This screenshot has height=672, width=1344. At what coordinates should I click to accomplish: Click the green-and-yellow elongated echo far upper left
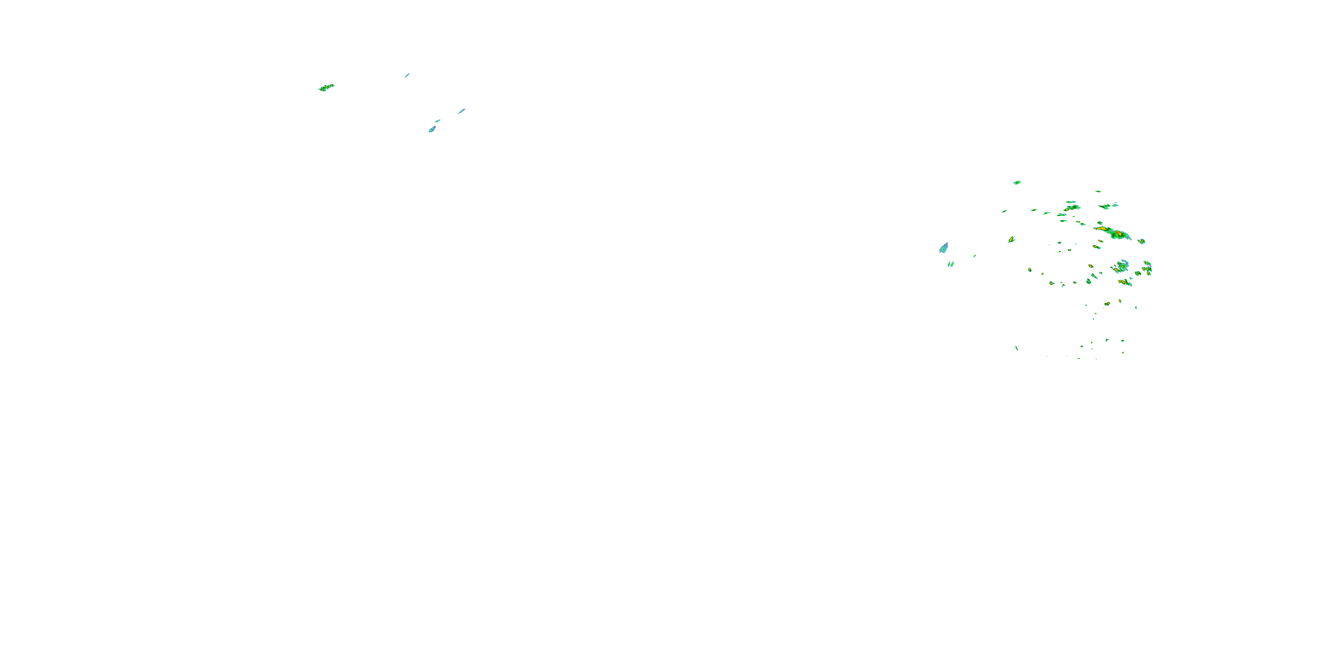tap(326, 88)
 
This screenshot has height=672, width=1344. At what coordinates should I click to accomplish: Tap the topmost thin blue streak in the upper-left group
tap(407, 75)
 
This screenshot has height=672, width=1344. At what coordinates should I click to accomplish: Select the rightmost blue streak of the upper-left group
tap(461, 111)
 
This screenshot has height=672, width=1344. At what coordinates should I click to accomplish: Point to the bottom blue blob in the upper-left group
tap(432, 129)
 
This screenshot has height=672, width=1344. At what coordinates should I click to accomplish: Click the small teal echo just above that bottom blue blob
tap(437, 121)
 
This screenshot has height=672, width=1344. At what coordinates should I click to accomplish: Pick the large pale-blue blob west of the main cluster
tap(943, 248)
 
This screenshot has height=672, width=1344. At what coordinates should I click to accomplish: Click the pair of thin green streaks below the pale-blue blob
tap(951, 264)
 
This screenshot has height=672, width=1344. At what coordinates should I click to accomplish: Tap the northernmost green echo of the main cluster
tap(1017, 183)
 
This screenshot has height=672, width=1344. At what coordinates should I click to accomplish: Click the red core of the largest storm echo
tap(1118, 233)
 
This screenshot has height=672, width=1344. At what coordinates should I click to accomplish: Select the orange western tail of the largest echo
tap(1100, 228)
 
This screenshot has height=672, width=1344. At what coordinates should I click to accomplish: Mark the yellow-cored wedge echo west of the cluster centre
tap(1011, 240)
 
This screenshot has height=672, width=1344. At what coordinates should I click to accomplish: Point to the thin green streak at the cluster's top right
tap(1098, 191)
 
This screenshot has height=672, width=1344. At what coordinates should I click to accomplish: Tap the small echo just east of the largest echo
tap(1141, 241)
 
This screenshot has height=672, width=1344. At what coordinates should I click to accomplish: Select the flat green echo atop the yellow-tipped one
tap(1071, 202)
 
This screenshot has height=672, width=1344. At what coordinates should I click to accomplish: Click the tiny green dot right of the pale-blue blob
tap(974, 256)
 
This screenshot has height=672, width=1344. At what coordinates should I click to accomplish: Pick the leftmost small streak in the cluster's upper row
tap(1004, 211)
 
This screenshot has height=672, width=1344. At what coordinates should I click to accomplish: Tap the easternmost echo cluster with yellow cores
tap(1147, 269)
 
